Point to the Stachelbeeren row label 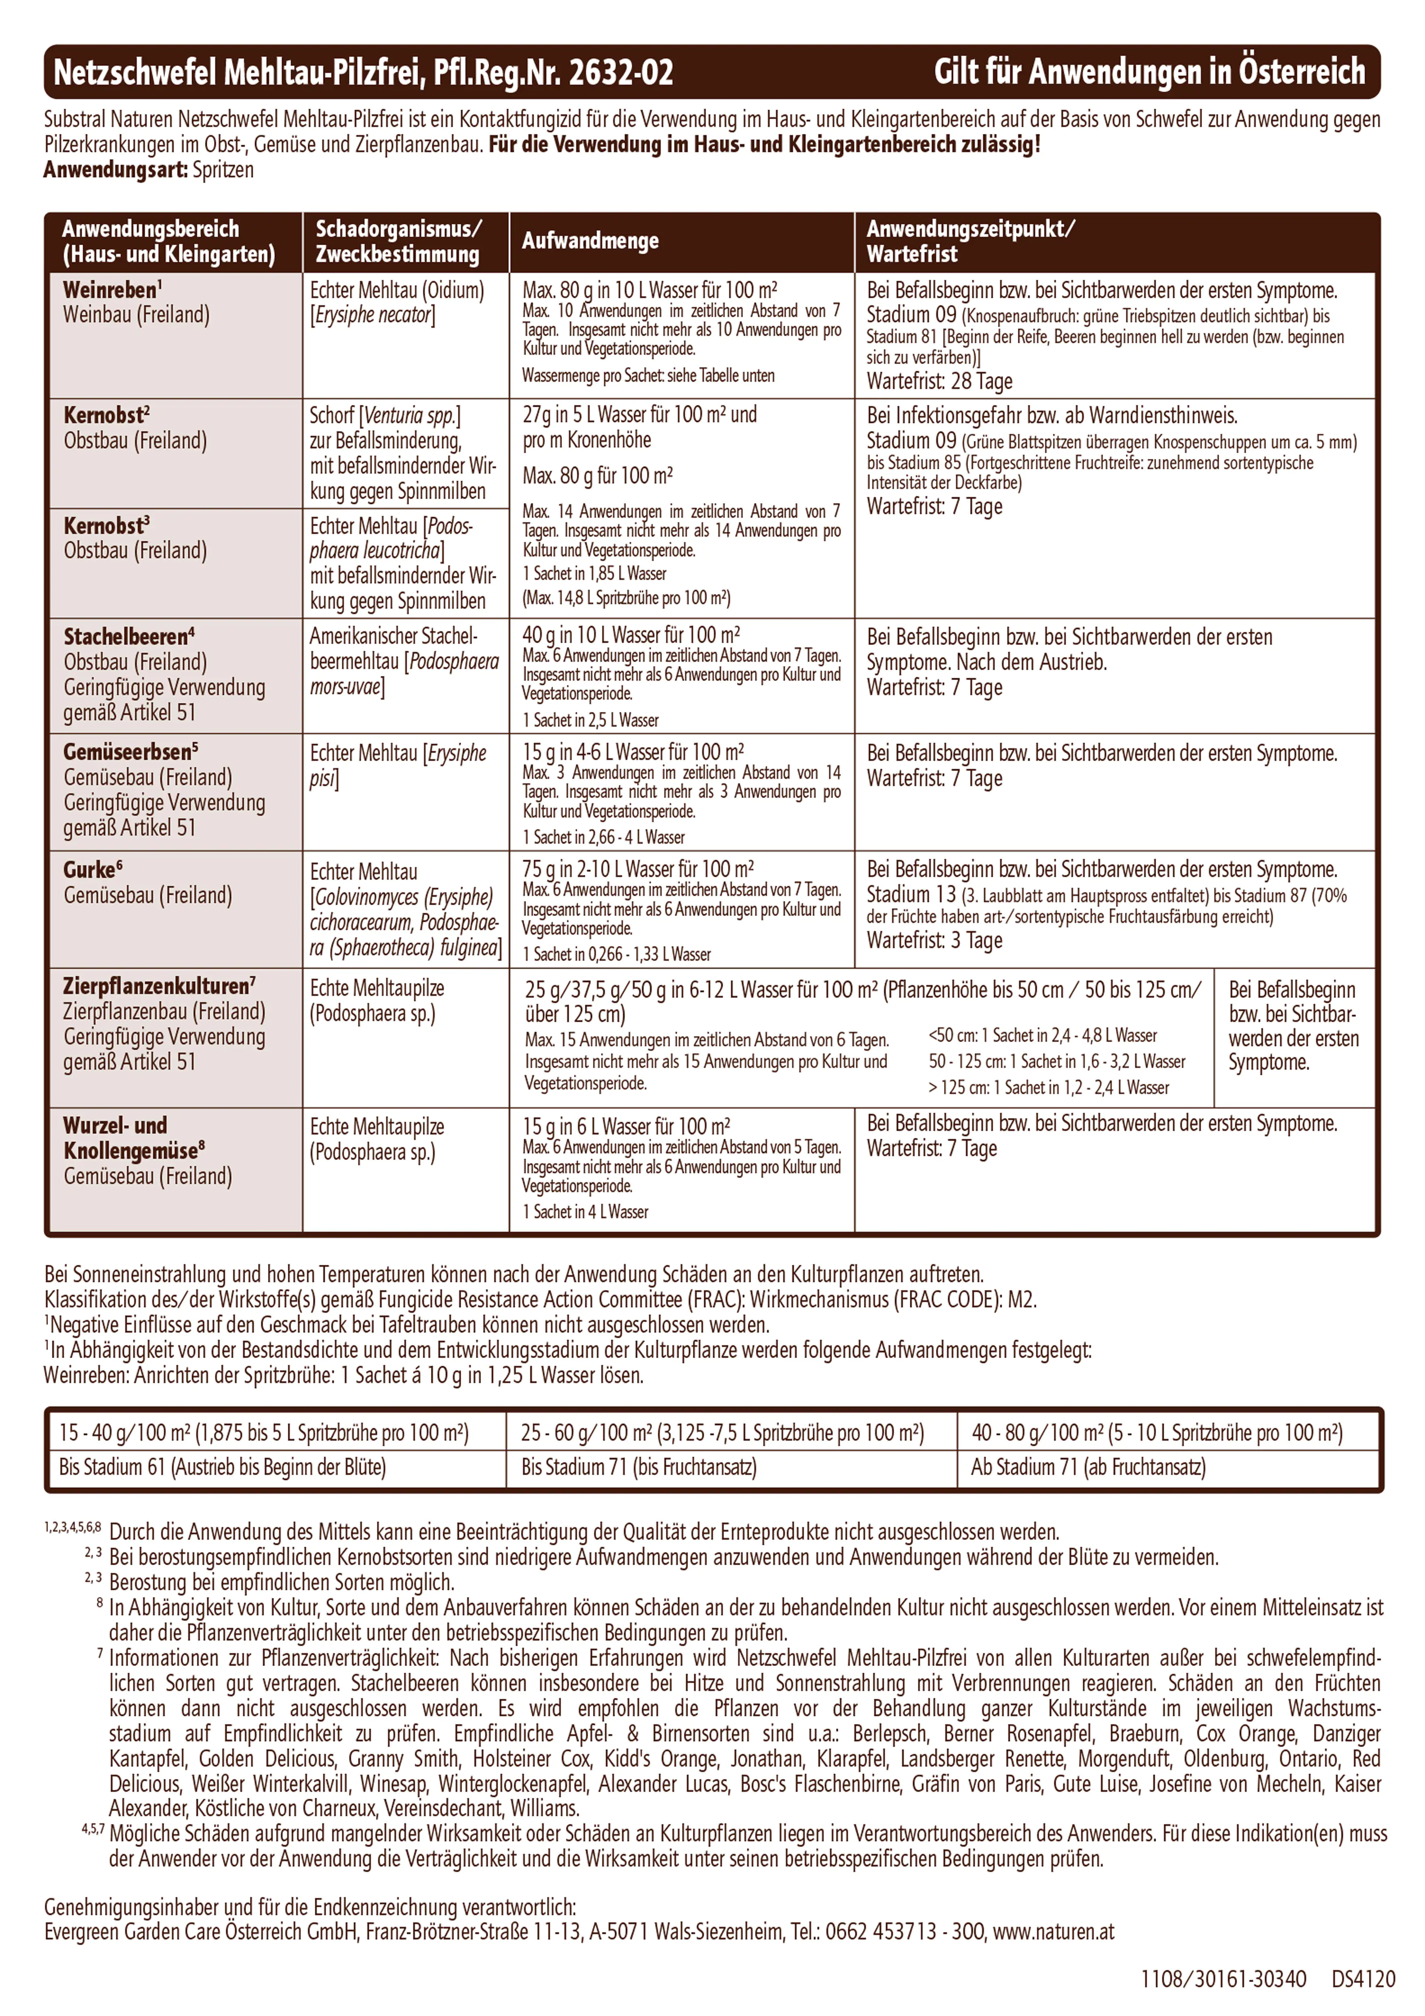point(128,637)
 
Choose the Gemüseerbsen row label point(130,752)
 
